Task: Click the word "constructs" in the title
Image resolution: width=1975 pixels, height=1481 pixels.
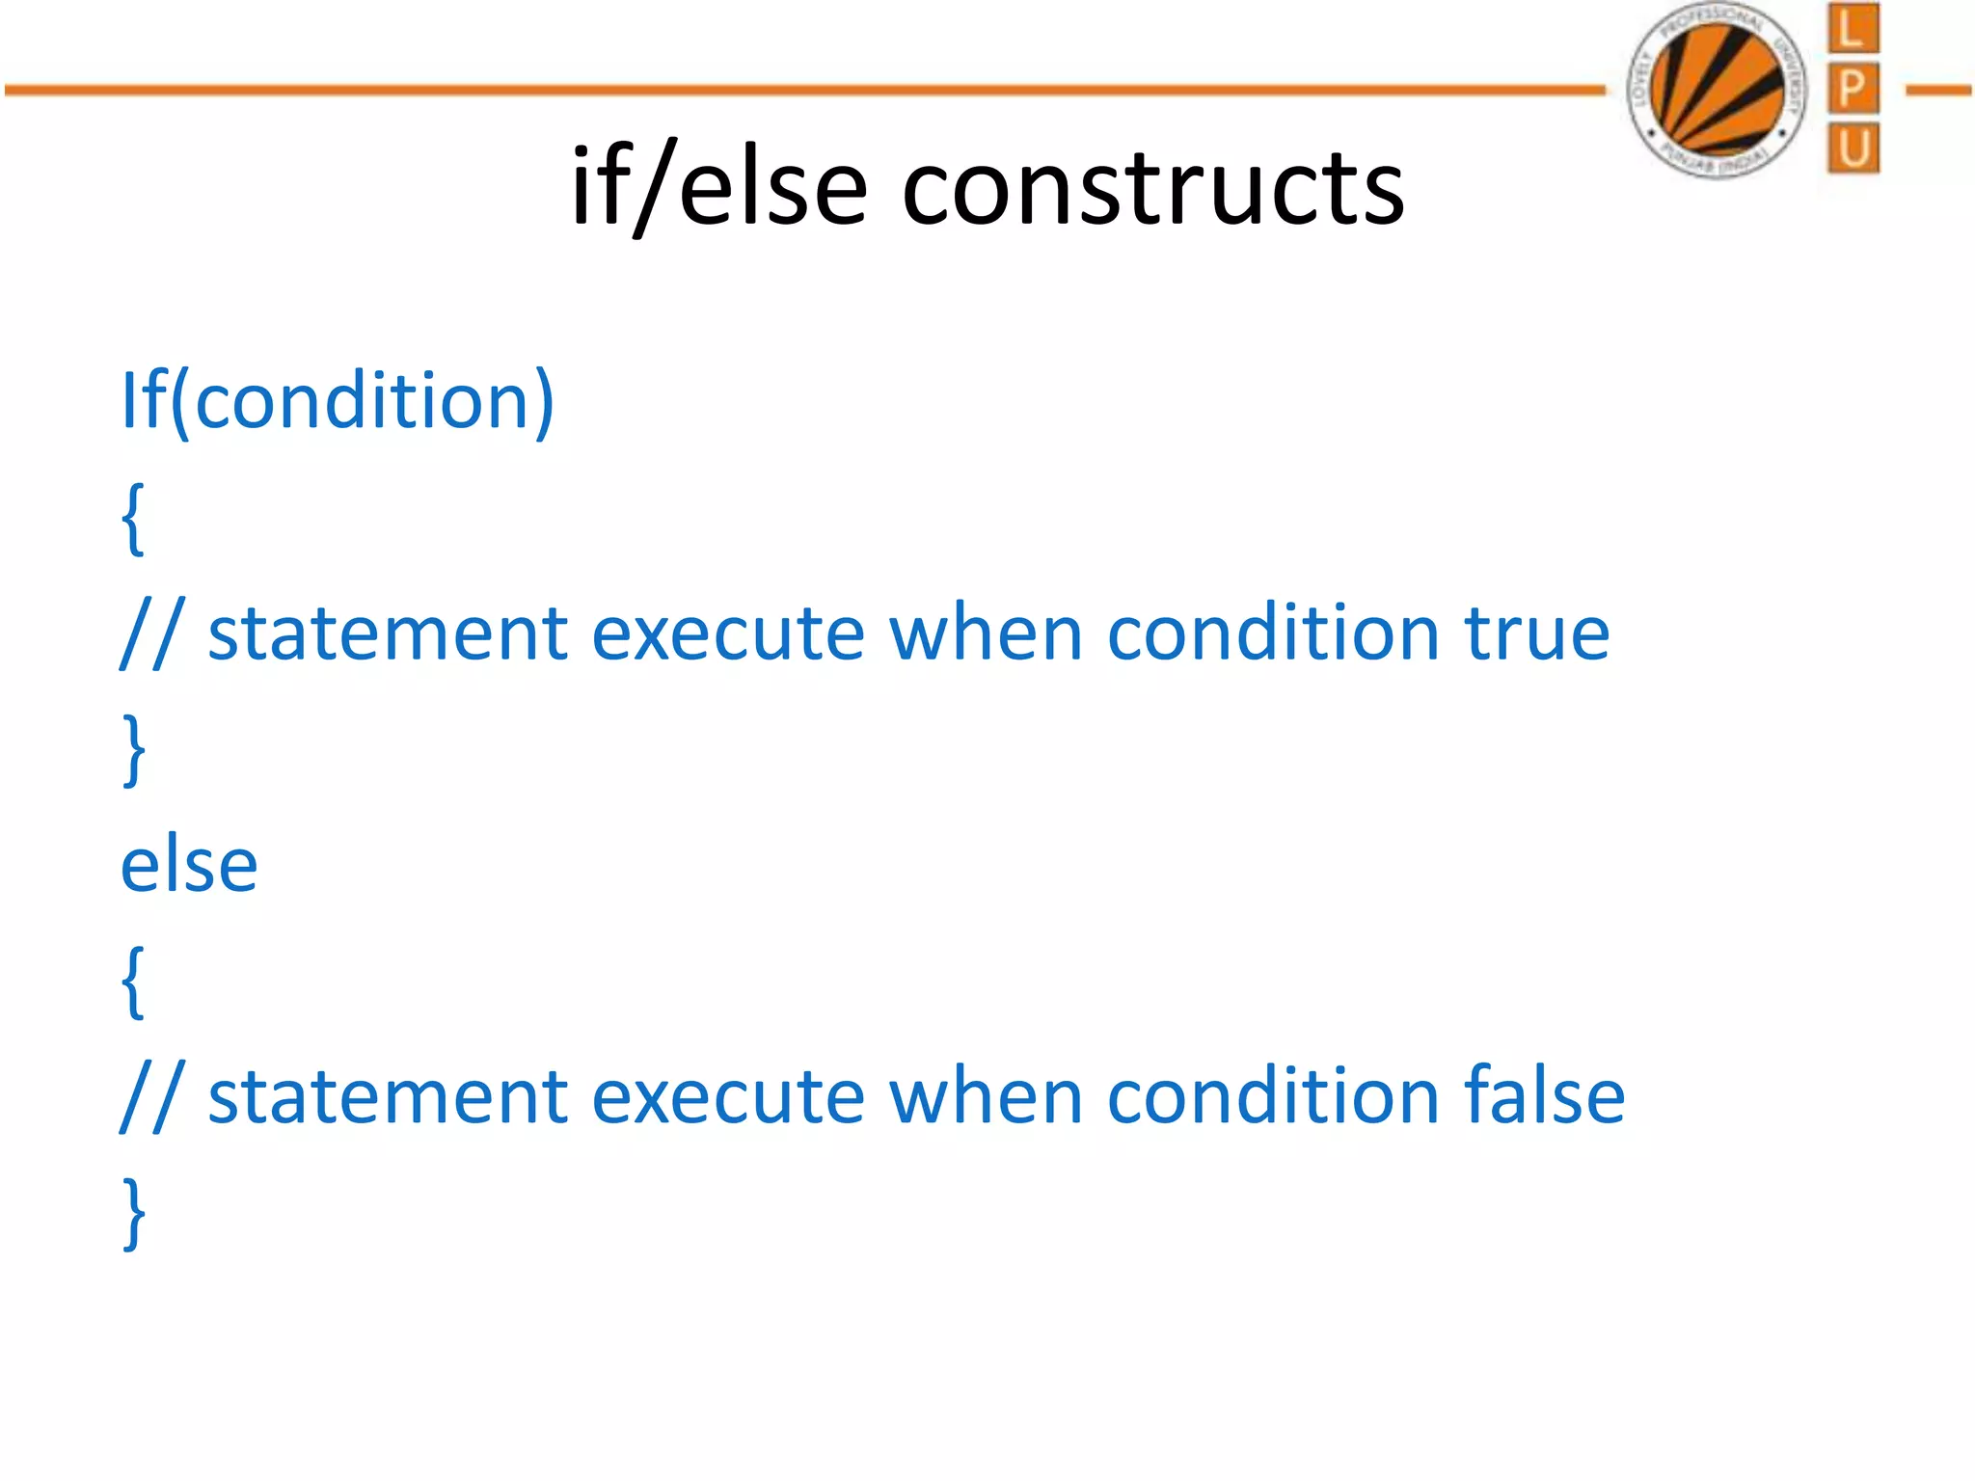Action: tap(1152, 186)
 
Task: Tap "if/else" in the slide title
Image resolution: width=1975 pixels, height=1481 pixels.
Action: tap(718, 186)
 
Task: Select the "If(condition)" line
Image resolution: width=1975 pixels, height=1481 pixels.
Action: tap(338, 400)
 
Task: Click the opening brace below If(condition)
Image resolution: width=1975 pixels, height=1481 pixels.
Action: tap(134, 519)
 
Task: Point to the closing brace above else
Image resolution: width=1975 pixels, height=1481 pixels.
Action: tap(134, 750)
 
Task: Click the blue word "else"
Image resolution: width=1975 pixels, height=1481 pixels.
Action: tap(189, 865)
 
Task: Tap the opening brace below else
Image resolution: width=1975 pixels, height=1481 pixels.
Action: tap(134, 982)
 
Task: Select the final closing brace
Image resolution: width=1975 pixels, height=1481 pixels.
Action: tap(134, 1213)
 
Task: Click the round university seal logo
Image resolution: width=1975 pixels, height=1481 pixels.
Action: tap(1717, 90)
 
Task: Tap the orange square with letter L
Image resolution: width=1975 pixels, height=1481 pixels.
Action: tap(1853, 29)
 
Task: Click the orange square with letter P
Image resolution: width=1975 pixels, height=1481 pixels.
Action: tap(1853, 89)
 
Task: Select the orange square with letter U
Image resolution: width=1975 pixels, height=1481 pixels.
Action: tap(1853, 148)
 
